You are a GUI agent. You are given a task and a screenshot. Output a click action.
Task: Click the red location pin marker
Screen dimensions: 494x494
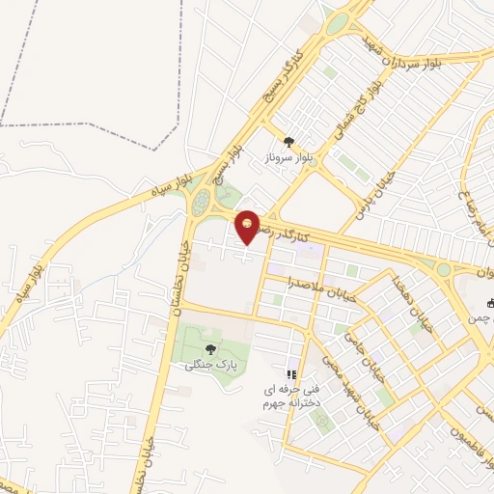(x=249, y=225)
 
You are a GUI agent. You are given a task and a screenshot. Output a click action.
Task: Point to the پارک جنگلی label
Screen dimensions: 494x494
(x=210, y=365)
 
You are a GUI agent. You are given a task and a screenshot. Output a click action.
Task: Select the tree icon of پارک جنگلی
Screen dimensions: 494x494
(x=210, y=349)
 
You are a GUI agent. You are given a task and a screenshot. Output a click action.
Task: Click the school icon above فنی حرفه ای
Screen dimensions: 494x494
(x=291, y=374)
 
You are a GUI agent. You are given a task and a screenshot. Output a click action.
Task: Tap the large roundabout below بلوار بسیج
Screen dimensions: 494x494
(x=202, y=203)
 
